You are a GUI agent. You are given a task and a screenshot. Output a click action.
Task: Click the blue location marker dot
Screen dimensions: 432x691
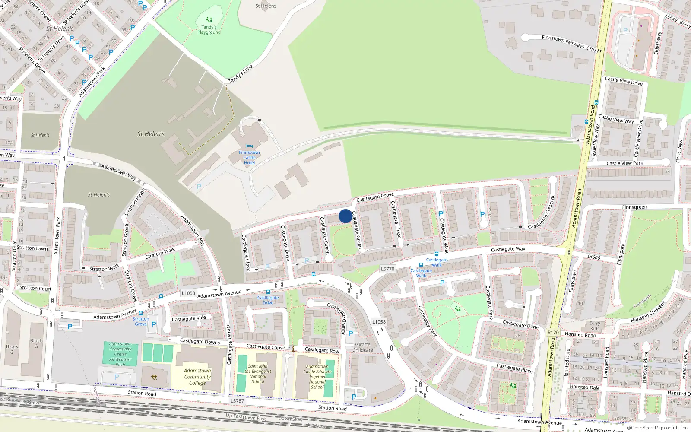pyautogui.click(x=345, y=216)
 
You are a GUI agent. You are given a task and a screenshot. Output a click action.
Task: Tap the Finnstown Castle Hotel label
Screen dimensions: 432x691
pyautogui.click(x=249, y=157)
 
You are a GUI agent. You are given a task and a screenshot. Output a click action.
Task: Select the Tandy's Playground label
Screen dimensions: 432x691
pyautogui.click(x=209, y=29)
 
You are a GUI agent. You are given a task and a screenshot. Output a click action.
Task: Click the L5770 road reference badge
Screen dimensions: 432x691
pyautogui.click(x=387, y=269)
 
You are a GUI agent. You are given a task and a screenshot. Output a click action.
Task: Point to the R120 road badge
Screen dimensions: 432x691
pyautogui.click(x=553, y=332)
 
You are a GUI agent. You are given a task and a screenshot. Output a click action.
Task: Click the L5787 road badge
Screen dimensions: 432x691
pyautogui.click(x=237, y=401)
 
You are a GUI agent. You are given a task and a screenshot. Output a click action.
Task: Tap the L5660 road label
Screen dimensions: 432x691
pyautogui.click(x=594, y=257)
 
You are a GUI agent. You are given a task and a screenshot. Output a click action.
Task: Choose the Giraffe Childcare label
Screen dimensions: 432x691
pyautogui.click(x=363, y=347)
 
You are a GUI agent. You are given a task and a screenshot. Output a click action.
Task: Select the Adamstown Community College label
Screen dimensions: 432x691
pyautogui.click(x=197, y=377)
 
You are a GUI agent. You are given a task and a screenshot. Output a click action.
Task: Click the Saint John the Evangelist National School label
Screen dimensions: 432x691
pyautogui.click(x=258, y=374)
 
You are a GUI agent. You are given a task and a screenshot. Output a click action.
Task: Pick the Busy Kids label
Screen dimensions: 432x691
pyautogui.click(x=595, y=326)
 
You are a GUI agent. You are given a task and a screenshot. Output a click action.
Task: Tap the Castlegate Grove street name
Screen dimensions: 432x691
pyautogui.click(x=375, y=197)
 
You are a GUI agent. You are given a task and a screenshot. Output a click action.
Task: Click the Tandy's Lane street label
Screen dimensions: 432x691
pyautogui.click(x=241, y=74)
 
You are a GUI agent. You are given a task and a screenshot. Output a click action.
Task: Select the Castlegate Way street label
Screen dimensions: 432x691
pyautogui.click(x=508, y=249)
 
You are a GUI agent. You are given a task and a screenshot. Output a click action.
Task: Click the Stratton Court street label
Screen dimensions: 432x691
pyautogui.click(x=35, y=288)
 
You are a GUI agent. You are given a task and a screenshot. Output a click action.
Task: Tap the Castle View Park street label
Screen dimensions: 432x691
pyautogui.click(x=624, y=163)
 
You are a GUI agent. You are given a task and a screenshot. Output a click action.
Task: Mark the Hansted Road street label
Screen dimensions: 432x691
pyautogui.click(x=580, y=334)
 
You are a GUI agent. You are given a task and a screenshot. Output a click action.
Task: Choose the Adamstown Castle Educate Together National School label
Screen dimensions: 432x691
pyautogui.click(x=317, y=377)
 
